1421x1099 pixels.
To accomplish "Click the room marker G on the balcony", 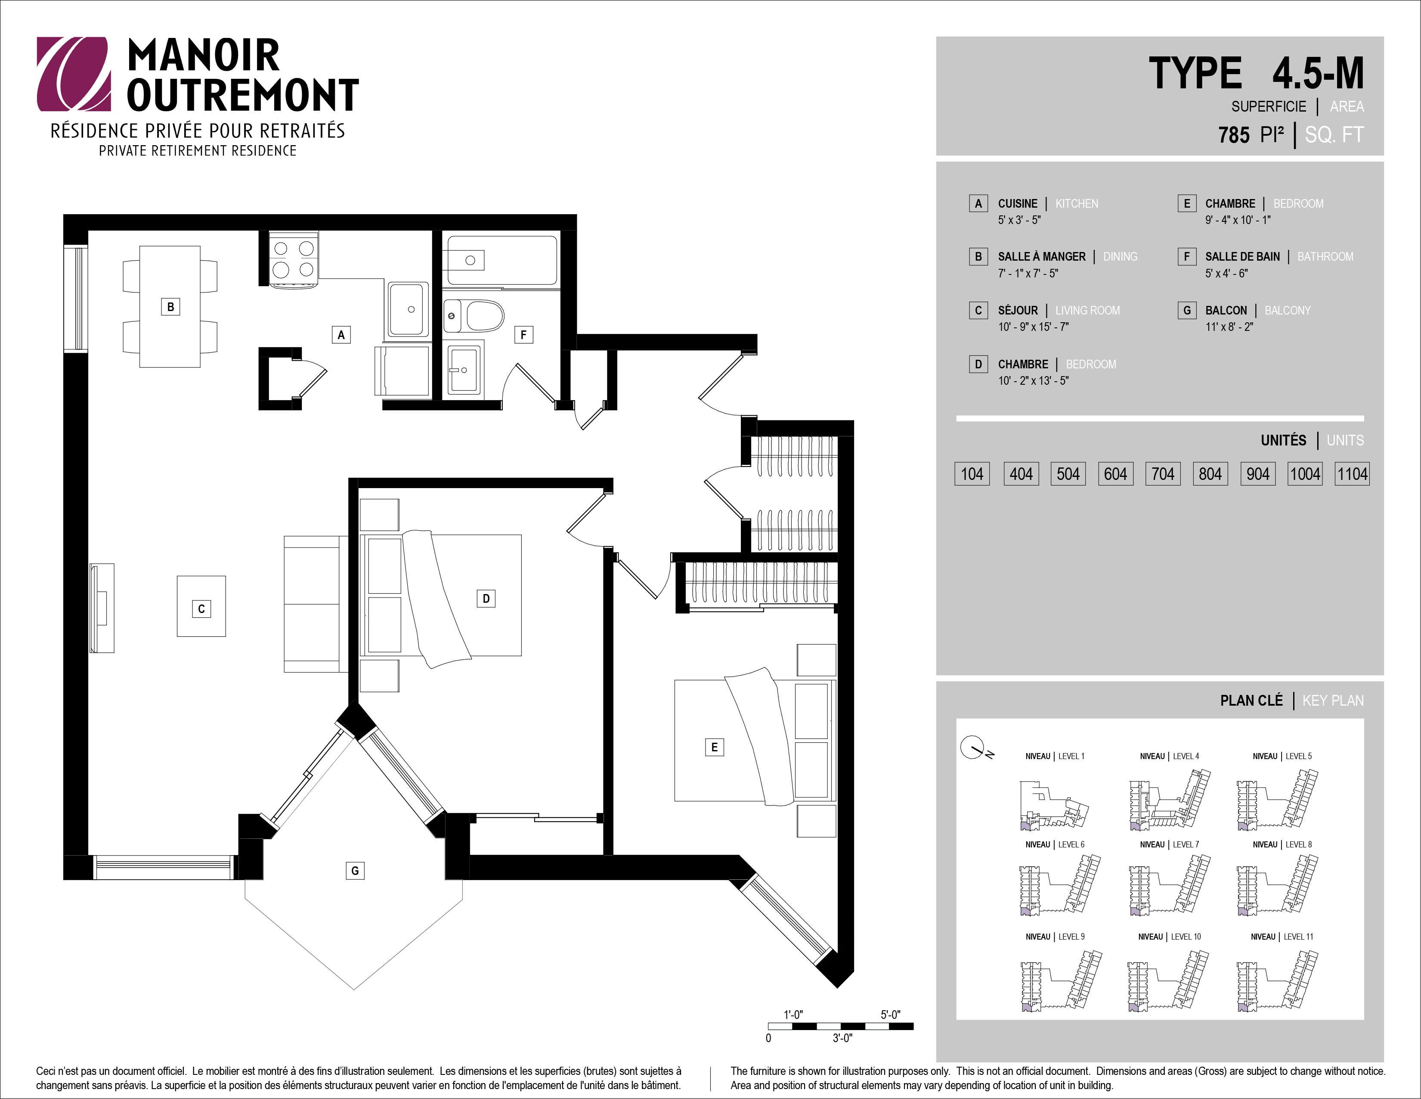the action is (355, 871).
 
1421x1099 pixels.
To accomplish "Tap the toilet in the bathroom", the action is (474, 316).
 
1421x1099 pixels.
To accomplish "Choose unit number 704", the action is (1163, 474).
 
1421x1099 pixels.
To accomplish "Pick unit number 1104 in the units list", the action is (1352, 474).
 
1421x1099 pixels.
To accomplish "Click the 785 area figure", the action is (1234, 135).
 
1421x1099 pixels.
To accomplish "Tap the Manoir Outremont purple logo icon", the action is (73, 74).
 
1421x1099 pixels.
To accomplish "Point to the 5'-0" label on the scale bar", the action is (891, 1015).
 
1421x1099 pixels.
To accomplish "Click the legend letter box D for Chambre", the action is (978, 364).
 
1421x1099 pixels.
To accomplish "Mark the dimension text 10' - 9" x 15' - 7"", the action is (1033, 327).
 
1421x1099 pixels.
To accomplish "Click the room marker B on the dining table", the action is (170, 307).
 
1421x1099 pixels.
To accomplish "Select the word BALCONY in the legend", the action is (1288, 311).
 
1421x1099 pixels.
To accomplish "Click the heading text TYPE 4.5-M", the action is (1256, 73).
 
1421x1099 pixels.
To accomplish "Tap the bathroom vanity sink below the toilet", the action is (464, 370).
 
